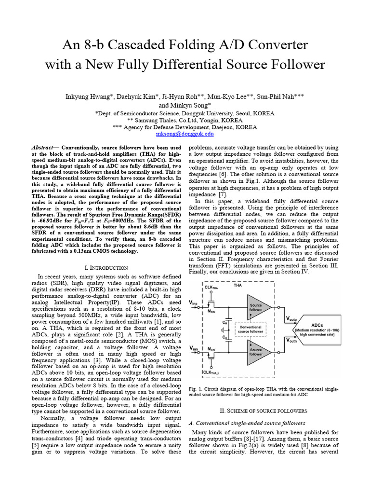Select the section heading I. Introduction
click(106, 267)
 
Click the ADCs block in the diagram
click(320, 329)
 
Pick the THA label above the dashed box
click(238, 286)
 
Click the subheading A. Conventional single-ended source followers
click(239, 423)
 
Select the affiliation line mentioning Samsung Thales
click(185, 120)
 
